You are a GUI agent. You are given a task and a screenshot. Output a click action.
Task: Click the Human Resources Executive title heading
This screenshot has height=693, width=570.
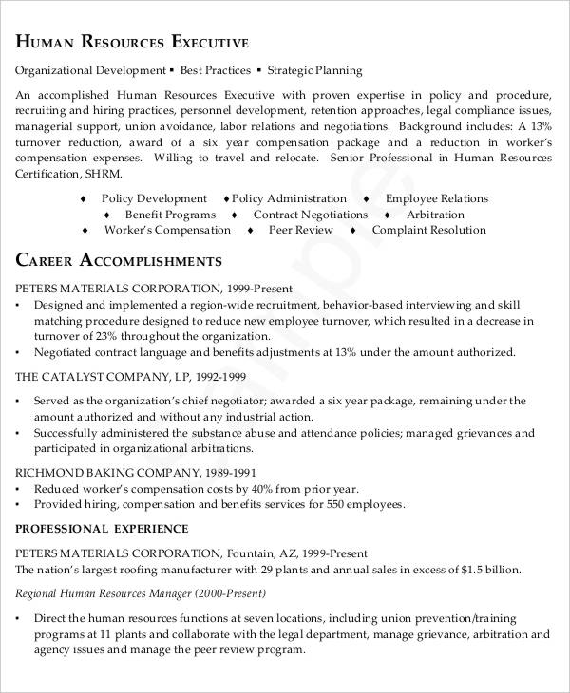(133, 43)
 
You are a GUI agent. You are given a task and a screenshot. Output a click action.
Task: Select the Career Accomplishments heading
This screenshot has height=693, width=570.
(120, 260)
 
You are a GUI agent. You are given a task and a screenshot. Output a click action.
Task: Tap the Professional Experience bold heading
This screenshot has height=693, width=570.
(103, 529)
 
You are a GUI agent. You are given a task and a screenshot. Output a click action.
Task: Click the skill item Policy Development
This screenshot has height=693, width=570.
(154, 199)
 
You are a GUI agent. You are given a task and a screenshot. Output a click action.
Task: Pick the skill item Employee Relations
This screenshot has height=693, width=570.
(437, 199)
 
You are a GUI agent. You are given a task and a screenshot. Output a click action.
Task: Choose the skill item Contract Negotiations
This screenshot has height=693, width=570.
(310, 215)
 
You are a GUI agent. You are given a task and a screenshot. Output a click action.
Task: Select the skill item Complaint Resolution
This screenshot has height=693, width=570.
(429, 230)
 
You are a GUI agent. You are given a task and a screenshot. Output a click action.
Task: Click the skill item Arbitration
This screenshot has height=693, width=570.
(435, 215)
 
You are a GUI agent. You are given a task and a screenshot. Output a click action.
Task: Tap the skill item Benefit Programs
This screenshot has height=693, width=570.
(171, 215)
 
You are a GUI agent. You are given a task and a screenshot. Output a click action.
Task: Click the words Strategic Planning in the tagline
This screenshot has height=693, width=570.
(315, 71)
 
